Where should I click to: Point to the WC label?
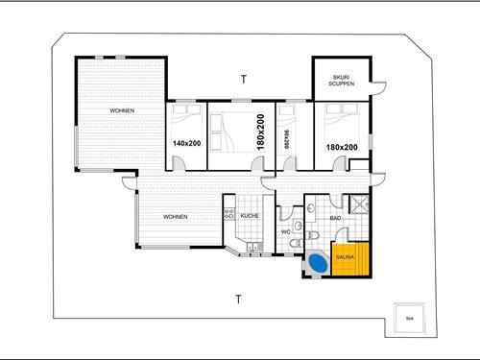(285, 232)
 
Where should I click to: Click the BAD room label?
(335, 218)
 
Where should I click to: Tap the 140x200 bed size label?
(187, 144)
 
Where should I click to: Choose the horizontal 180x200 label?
(342, 147)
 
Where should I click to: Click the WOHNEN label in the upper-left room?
(122, 111)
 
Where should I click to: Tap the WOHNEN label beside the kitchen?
(175, 217)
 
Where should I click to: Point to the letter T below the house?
(238, 300)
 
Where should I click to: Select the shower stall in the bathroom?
(359, 204)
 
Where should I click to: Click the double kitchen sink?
(252, 251)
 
